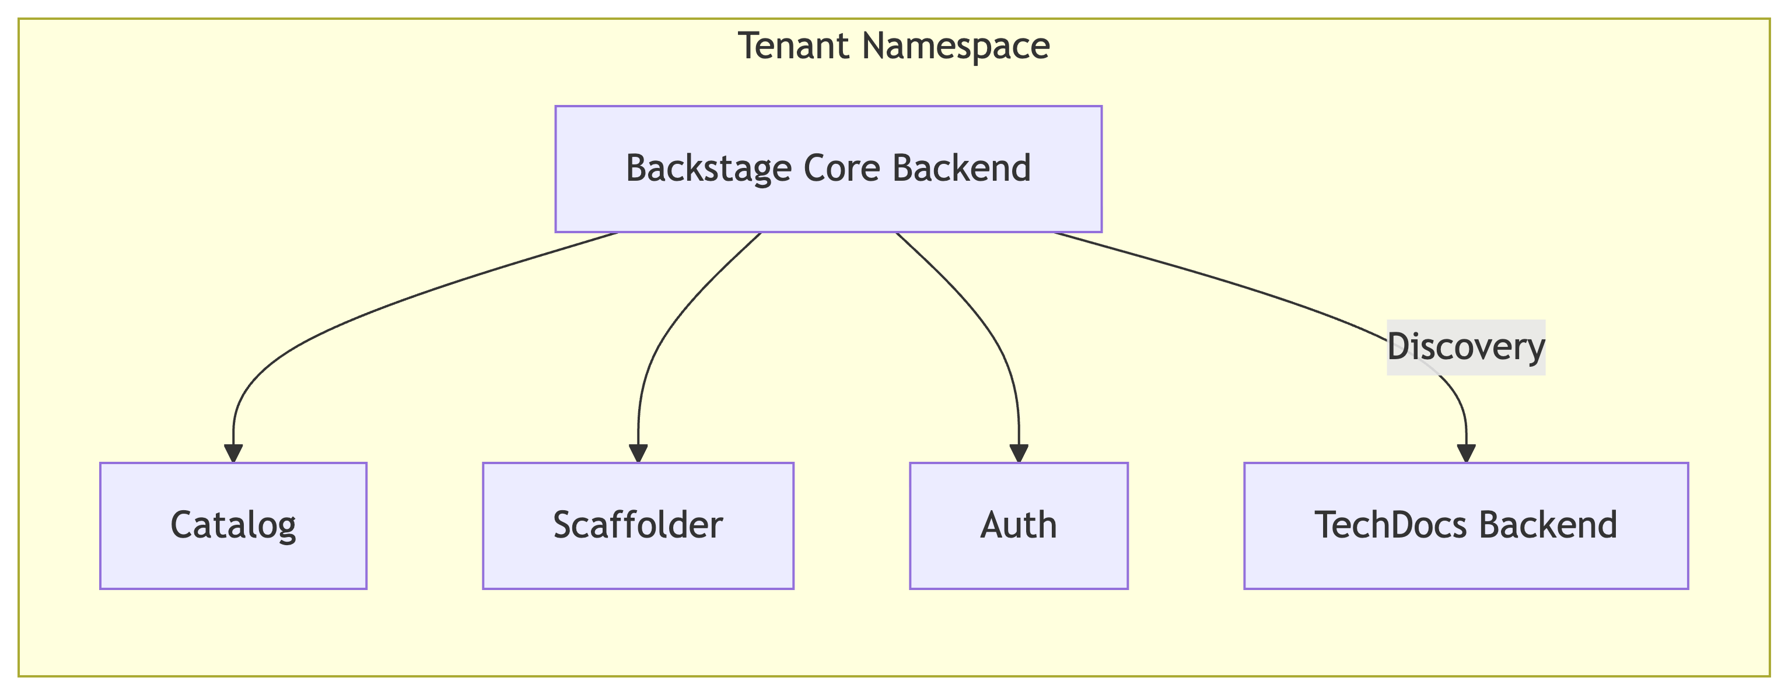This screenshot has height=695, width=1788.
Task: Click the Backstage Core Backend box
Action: pos(828,169)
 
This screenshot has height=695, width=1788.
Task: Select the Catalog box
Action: pos(233,525)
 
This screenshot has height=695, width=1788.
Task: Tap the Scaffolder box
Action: pos(638,525)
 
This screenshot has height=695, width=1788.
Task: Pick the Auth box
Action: pos(1018,525)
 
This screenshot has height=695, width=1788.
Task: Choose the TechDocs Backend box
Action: pos(1466,525)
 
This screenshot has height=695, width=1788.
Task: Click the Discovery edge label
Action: pos(1465,347)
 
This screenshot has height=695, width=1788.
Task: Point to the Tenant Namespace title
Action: pos(894,47)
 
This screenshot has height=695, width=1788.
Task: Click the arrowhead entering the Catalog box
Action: pos(233,453)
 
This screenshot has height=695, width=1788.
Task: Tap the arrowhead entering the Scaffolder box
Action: pos(638,453)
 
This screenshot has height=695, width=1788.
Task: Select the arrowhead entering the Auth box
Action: pos(1018,453)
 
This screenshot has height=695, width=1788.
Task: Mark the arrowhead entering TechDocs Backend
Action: pos(1466,453)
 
